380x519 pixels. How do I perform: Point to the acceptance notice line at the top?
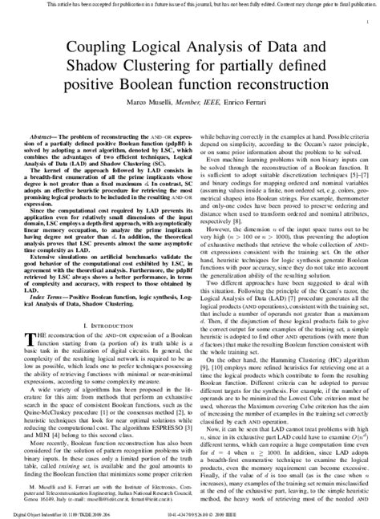point(190,5)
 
